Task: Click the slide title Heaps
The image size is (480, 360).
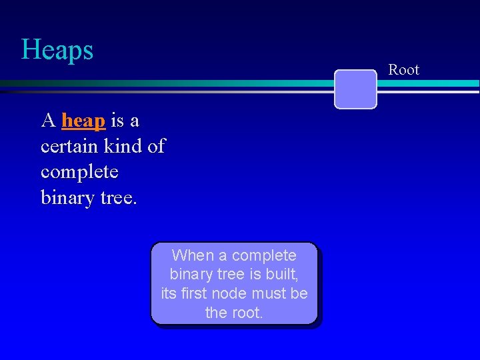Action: click(57, 50)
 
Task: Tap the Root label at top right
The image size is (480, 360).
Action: click(404, 70)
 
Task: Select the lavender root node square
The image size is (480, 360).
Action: click(355, 89)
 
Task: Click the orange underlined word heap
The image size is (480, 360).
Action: click(83, 121)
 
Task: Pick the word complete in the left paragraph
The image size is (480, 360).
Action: click(79, 171)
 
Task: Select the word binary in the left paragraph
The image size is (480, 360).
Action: click(63, 197)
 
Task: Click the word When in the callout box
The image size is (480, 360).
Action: click(193, 255)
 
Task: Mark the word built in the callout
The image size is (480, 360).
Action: click(281, 274)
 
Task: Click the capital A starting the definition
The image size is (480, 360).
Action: click(47, 121)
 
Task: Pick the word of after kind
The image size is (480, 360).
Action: click(155, 146)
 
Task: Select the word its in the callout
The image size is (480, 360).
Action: click(169, 293)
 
